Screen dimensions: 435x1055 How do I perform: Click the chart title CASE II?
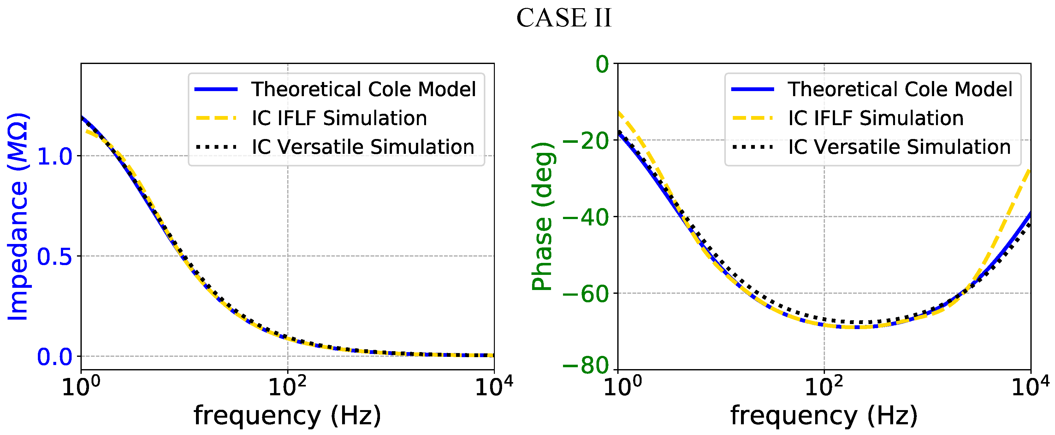564,18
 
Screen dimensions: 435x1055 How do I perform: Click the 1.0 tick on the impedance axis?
55,156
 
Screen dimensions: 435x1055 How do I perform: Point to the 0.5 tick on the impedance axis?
55,257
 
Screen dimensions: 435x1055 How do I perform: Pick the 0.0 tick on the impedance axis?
55,357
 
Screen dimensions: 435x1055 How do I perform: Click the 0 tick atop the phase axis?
602,64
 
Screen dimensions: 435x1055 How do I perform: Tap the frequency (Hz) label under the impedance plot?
287,416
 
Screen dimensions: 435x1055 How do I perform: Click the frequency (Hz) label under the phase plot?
824,416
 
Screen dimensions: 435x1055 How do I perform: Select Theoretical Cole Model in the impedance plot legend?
363,89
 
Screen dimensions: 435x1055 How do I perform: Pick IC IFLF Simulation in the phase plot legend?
876,118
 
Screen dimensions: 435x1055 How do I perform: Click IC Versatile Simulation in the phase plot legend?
899,147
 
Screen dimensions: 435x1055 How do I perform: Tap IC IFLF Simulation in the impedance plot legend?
339,118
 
